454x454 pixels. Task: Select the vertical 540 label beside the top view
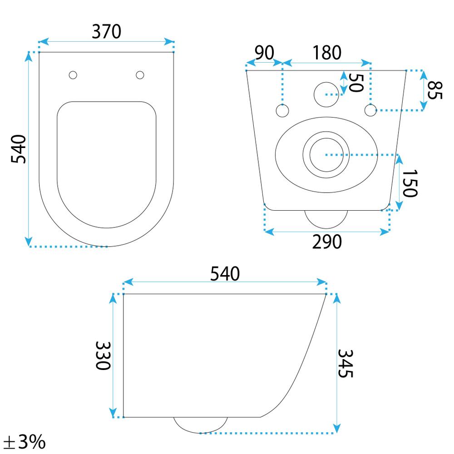click(19, 149)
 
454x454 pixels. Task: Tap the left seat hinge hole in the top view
click(73, 75)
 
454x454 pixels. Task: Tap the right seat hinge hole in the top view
click(140, 75)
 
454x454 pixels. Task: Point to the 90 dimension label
click(264, 53)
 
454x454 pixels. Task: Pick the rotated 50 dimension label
click(356, 82)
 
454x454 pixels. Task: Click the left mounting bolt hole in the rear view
click(282, 110)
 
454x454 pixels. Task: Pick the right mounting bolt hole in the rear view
click(370, 110)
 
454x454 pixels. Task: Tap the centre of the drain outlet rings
click(325, 155)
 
